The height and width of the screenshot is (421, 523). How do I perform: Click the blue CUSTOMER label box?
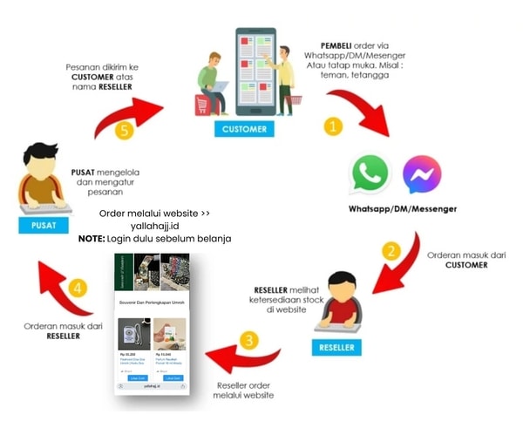[243, 129]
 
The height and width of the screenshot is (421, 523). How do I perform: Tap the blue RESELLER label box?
[336, 348]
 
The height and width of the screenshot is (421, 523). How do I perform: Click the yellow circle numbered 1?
[333, 126]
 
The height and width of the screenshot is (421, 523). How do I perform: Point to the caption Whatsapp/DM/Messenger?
[402, 210]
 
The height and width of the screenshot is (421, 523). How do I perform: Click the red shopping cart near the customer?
[205, 105]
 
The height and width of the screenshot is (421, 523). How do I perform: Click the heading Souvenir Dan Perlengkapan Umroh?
[152, 304]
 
